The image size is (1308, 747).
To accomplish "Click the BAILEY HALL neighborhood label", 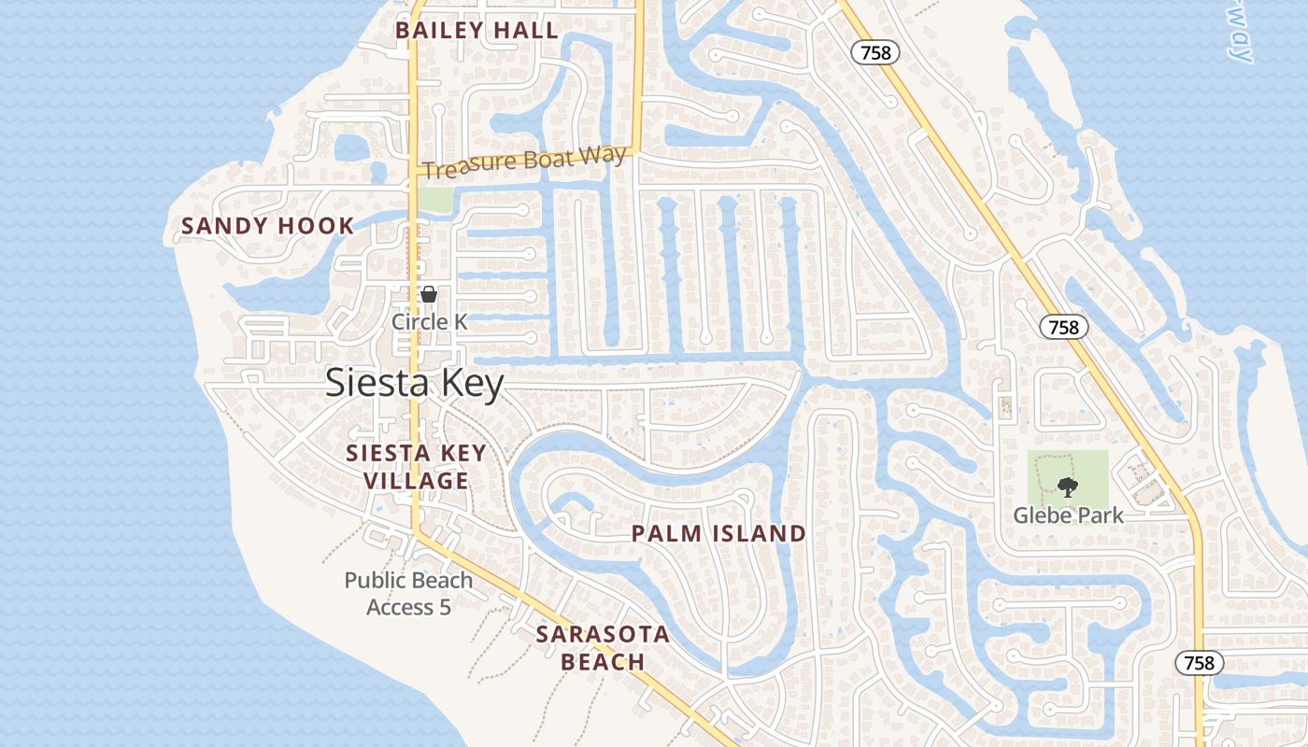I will click(x=476, y=30).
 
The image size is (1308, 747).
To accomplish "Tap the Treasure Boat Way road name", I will click(x=522, y=162).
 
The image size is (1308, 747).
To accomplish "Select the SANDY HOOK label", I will click(x=268, y=226).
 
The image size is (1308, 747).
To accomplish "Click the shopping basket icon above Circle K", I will click(x=429, y=295).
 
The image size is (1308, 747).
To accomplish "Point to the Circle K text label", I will click(x=429, y=322).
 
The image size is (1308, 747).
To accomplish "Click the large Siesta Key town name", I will click(x=415, y=384).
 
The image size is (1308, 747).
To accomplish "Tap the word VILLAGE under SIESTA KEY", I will click(x=416, y=481).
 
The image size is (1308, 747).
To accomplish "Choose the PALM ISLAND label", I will click(x=718, y=534).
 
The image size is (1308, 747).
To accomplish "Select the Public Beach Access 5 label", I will click(x=408, y=594).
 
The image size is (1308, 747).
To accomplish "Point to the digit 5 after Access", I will click(x=445, y=608).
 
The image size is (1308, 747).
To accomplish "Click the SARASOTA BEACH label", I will click(x=603, y=648).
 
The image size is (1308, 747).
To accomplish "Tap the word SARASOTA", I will click(x=603, y=635).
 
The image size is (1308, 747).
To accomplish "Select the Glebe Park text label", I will click(x=1069, y=515).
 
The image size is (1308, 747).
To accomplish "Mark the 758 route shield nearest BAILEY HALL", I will click(x=875, y=53).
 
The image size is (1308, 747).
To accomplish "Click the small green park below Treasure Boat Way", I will click(x=434, y=199).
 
